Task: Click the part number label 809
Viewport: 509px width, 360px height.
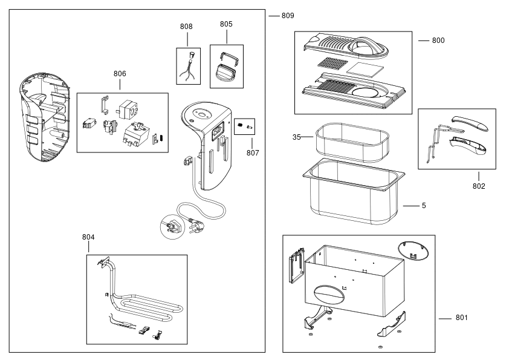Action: pyautogui.click(x=288, y=16)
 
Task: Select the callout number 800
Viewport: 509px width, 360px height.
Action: pyautogui.click(x=438, y=41)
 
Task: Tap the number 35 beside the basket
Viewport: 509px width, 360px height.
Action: pyautogui.click(x=296, y=137)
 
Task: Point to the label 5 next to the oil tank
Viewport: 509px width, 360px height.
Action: pyautogui.click(x=424, y=206)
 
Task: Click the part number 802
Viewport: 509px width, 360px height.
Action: pyautogui.click(x=479, y=186)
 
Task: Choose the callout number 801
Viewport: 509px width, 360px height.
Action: pyautogui.click(x=462, y=318)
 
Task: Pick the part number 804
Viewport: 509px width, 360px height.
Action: pyautogui.click(x=88, y=237)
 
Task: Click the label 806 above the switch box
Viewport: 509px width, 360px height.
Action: pyautogui.click(x=120, y=74)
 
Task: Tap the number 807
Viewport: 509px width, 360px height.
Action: pyautogui.click(x=253, y=152)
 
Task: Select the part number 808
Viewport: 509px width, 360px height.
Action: pyautogui.click(x=186, y=27)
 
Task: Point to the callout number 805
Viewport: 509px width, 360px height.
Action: pyautogui.click(x=226, y=24)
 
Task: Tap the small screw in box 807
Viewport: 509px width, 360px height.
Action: pyautogui.click(x=249, y=126)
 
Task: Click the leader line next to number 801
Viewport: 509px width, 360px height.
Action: pyautogui.click(x=445, y=319)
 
